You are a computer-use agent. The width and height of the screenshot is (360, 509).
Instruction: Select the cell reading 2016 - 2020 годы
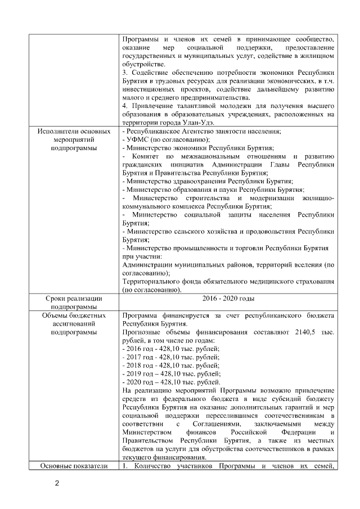(228, 298)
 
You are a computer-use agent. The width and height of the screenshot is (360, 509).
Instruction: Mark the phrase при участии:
(140, 257)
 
